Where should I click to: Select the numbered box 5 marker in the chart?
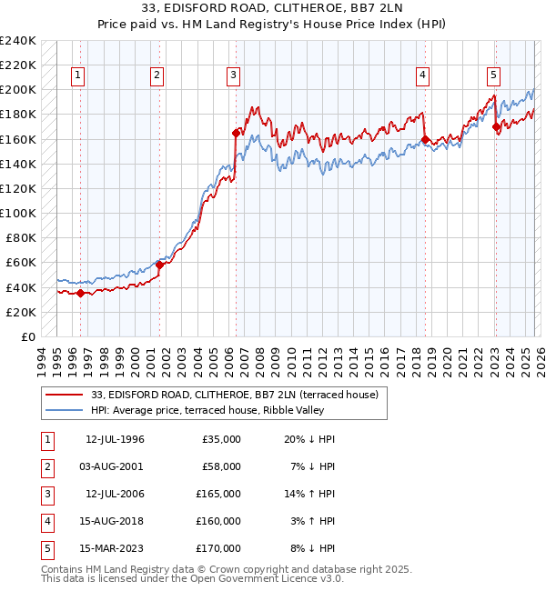[x=492, y=75]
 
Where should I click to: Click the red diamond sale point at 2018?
[x=425, y=139]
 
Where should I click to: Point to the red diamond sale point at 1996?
[x=80, y=293]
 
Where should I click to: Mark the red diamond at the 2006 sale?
[x=236, y=133]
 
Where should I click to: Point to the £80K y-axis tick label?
[x=20, y=238]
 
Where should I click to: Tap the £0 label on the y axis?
[x=28, y=336]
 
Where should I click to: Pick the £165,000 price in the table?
[x=220, y=494]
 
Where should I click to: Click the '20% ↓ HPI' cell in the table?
[x=308, y=439]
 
